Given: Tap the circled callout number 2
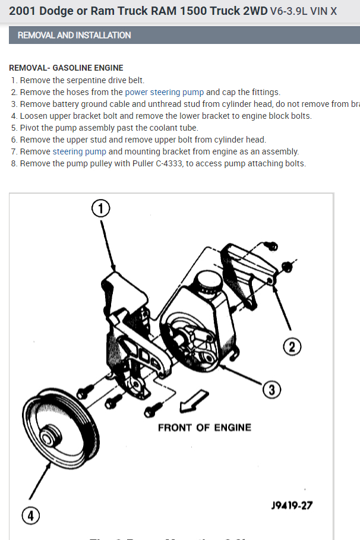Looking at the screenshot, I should tap(292, 346).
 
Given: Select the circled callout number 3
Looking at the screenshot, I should tap(271, 389).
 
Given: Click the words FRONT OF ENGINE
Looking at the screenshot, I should tap(204, 427).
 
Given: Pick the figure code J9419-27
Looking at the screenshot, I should tap(292, 506).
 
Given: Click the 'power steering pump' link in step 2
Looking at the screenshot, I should tap(164, 92).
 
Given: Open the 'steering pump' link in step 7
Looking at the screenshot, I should tap(79, 151).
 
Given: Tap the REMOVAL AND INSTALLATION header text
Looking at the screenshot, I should tap(74, 35).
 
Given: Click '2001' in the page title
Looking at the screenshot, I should tap(23, 11).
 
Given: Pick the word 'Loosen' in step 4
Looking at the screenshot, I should tap(34, 116).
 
